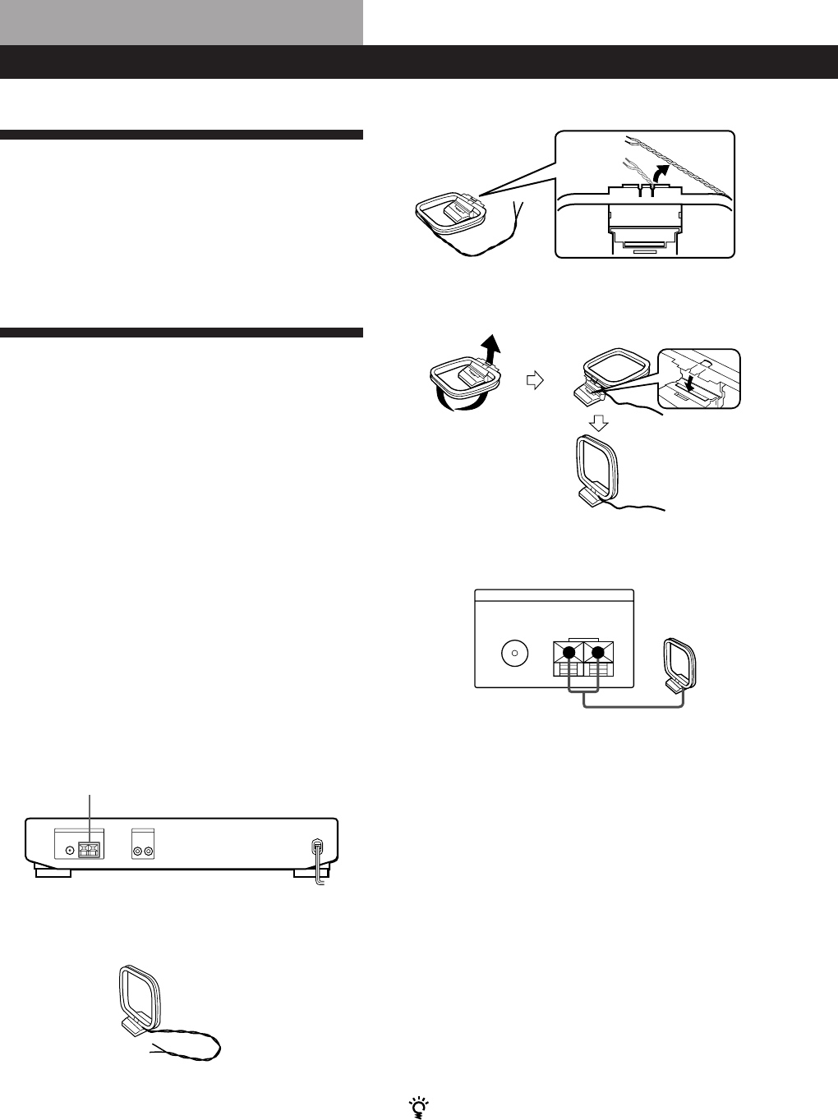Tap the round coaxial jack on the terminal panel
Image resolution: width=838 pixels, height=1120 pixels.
point(513,654)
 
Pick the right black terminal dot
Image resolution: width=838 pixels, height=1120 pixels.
point(598,654)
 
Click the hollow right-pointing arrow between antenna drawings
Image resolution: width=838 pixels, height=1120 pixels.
point(535,380)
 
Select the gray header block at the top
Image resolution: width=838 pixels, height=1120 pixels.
point(182,22)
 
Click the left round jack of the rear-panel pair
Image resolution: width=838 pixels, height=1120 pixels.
point(136,851)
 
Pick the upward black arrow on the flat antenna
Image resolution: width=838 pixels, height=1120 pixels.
point(490,349)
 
